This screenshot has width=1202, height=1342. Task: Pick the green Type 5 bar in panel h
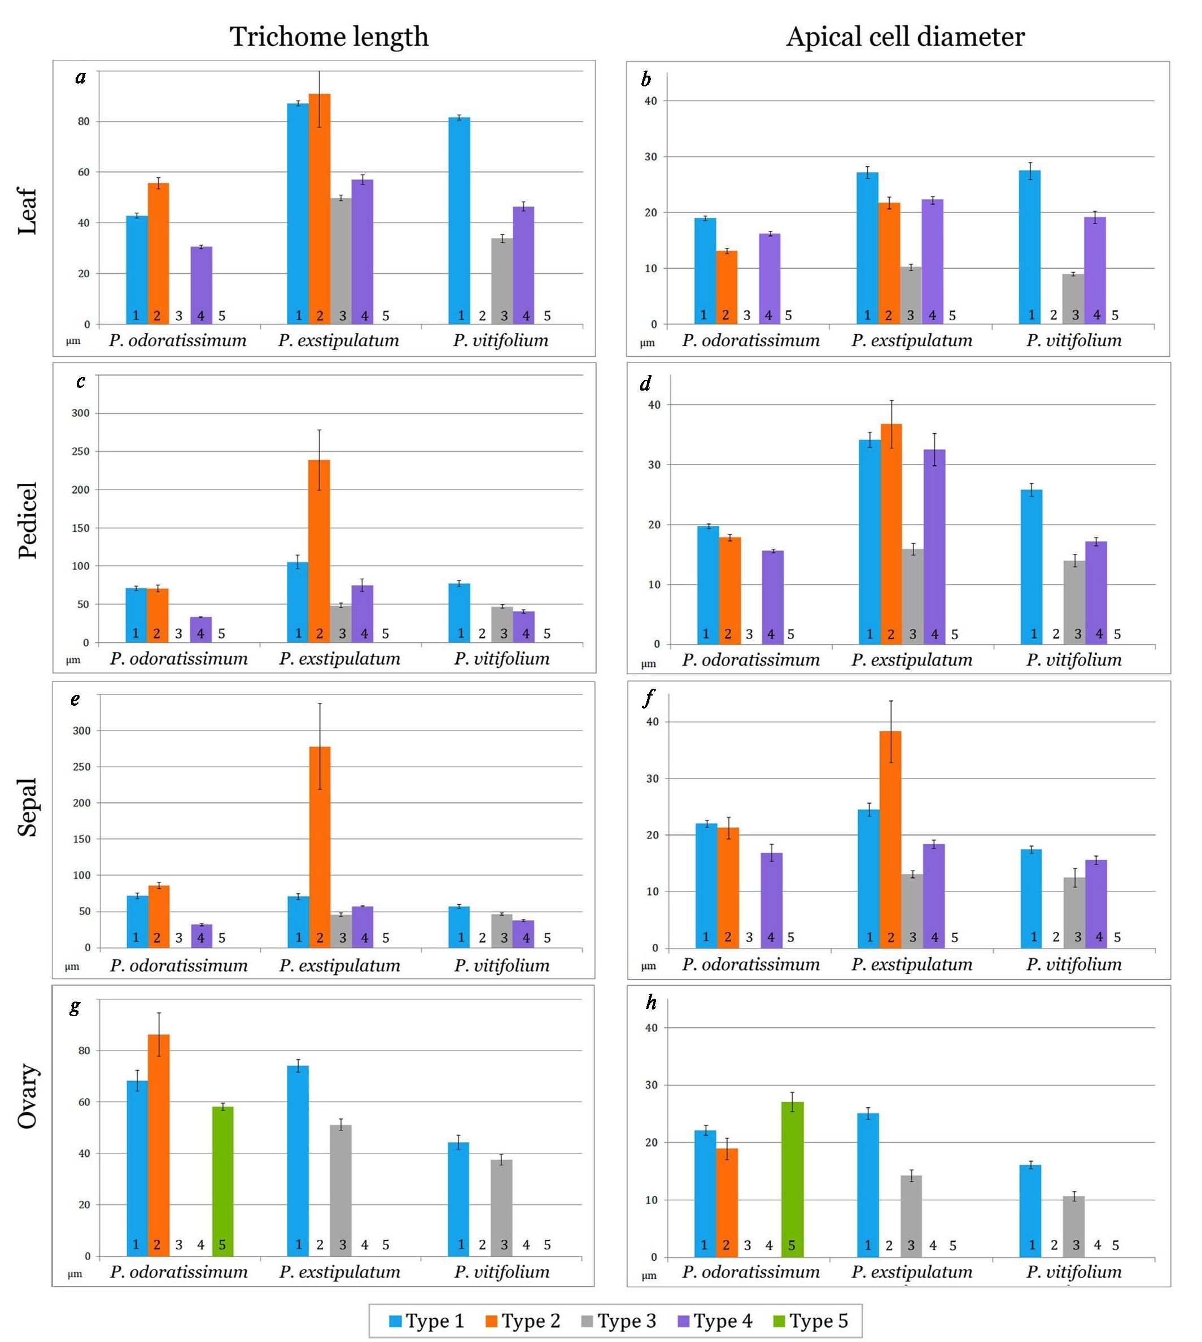click(x=792, y=1179)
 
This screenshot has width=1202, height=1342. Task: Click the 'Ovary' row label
click(x=28, y=1096)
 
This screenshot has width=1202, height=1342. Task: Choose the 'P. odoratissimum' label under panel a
click(x=178, y=341)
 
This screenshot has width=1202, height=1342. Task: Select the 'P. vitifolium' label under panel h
click(x=1073, y=1271)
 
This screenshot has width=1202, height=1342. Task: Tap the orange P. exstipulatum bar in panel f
click(x=890, y=839)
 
